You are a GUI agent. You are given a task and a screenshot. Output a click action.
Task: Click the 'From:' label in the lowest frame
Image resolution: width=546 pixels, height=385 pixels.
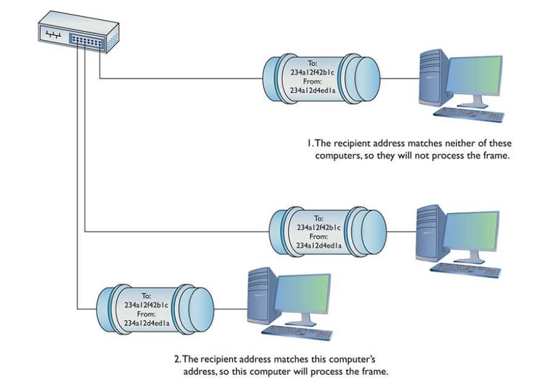146,314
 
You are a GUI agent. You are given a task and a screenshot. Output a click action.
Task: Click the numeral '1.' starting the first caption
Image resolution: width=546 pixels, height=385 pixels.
309,144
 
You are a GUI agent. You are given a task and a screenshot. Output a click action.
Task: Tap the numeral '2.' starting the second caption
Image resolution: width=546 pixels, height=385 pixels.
178,359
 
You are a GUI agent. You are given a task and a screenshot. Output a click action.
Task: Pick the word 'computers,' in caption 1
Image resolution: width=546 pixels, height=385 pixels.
335,155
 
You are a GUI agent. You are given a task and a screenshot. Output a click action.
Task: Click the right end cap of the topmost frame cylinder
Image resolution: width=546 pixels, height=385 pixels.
363,78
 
